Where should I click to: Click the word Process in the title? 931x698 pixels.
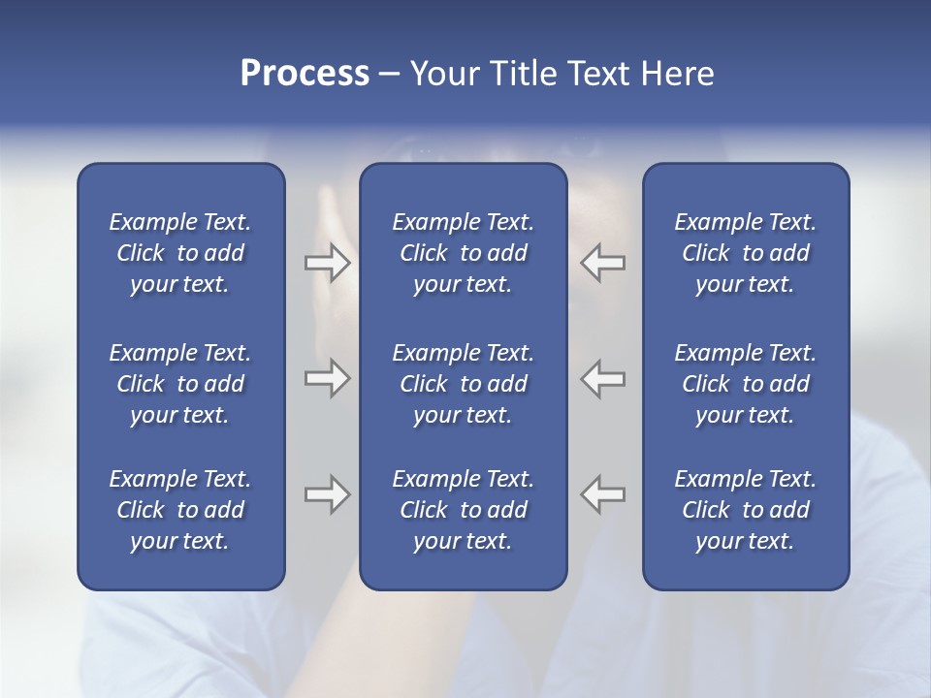[305, 74]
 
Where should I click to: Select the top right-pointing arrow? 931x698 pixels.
[328, 263]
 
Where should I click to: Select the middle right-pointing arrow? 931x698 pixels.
[328, 378]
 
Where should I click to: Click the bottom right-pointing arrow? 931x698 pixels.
[328, 494]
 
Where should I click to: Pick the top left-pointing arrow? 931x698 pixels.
[602, 263]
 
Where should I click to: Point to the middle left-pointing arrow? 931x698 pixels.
[602, 378]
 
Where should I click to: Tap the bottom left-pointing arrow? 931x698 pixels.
[602, 494]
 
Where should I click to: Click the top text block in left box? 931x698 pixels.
[180, 253]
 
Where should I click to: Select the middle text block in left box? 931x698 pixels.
[180, 384]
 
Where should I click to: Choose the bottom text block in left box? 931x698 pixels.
[180, 510]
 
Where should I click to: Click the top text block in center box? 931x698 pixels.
[463, 253]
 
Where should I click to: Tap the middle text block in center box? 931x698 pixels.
[463, 384]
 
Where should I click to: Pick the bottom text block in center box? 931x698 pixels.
[463, 510]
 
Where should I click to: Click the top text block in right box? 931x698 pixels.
[745, 253]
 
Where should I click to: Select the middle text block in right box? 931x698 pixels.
[745, 384]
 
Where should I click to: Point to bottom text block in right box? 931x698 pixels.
[745, 510]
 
